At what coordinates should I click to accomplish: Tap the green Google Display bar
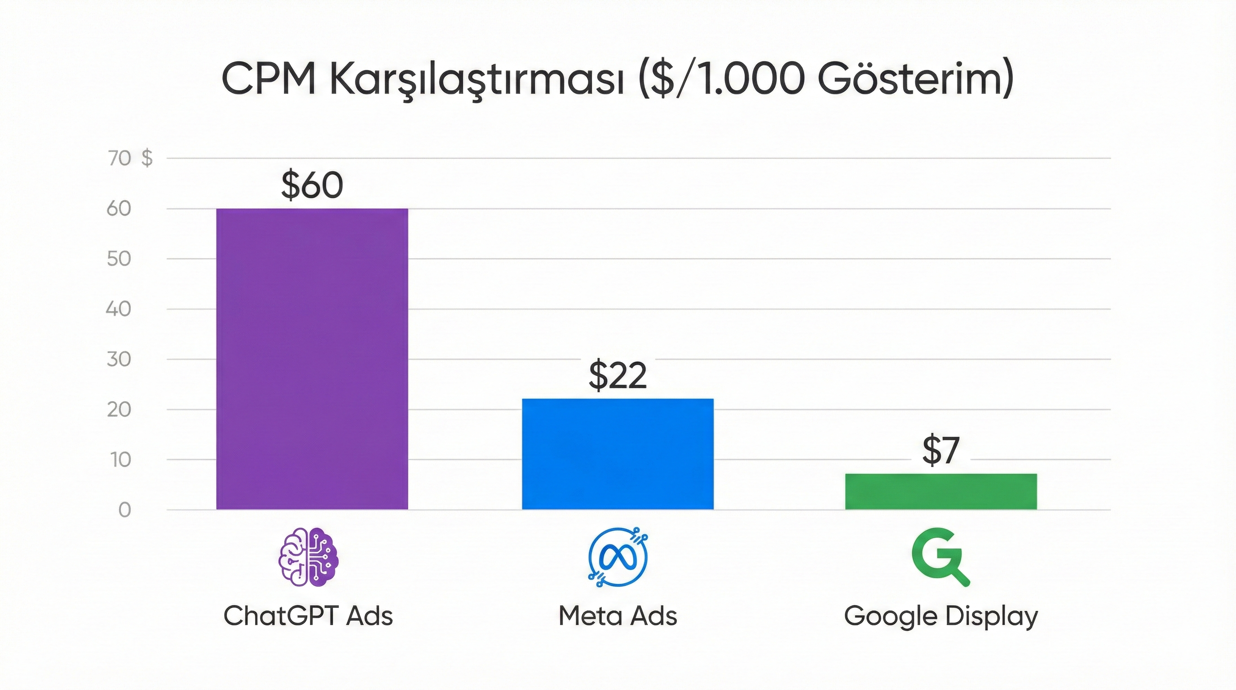(941, 491)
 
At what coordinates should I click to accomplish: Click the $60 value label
(312, 185)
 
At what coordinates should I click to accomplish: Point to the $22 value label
(618, 376)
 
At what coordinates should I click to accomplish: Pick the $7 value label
(940, 451)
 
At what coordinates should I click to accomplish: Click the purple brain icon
(309, 557)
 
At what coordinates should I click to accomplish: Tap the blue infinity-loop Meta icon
(618, 557)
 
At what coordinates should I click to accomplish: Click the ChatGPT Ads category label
(308, 615)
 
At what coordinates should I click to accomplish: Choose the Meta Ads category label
(618, 615)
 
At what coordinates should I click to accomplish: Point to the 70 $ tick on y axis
(129, 158)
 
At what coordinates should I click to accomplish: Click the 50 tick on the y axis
(119, 259)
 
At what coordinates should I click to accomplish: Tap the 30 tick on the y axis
(119, 359)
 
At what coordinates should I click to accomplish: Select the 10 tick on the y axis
(120, 460)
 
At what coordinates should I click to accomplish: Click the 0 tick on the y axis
(125, 510)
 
